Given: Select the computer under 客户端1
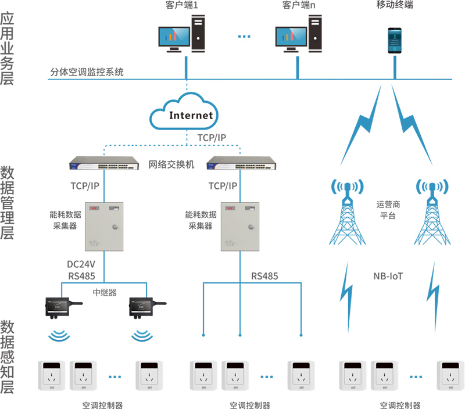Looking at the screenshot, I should [182, 35].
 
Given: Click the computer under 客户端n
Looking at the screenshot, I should [298, 35].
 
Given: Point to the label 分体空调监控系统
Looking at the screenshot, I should [87, 73].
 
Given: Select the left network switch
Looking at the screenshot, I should [103, 164].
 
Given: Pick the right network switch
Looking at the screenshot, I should [240, 164].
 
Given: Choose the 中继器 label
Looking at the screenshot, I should [103, 292].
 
